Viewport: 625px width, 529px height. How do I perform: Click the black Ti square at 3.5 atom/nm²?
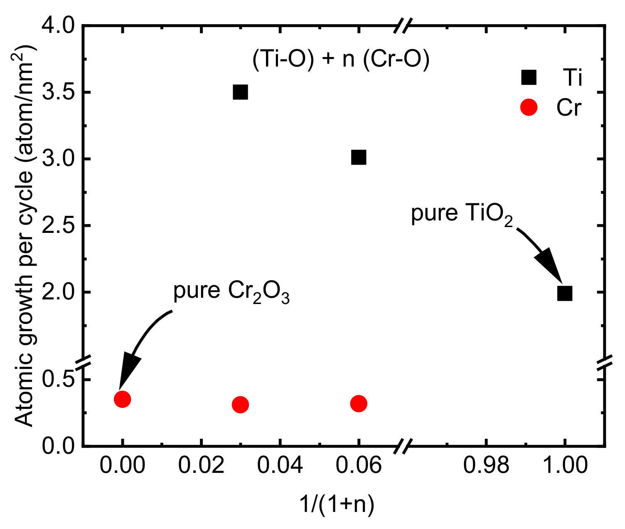[x=240, y=92]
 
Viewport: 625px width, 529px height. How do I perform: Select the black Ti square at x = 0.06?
[x=359, y=158]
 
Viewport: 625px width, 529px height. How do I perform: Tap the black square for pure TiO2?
[x=565, y=293]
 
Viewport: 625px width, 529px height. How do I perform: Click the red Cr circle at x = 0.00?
[x=122, y=399]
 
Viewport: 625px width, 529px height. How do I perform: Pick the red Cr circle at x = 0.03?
[x=240, y=405]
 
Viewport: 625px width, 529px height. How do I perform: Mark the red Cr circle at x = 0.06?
[x=359, y=403]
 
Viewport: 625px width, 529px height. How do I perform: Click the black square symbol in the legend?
[x=529, y=77]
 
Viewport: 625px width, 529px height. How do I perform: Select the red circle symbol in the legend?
[x=529, y=108]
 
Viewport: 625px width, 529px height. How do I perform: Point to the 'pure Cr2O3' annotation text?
[x=231, y=292]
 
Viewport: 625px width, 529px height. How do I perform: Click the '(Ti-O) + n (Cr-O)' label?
[x=341, y=59]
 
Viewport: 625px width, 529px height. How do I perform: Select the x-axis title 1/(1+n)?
[x=337, y=504]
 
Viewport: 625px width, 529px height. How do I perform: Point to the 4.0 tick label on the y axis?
[x=59, y=27]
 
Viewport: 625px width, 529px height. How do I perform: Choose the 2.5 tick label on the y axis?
[x=59, y=226]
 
